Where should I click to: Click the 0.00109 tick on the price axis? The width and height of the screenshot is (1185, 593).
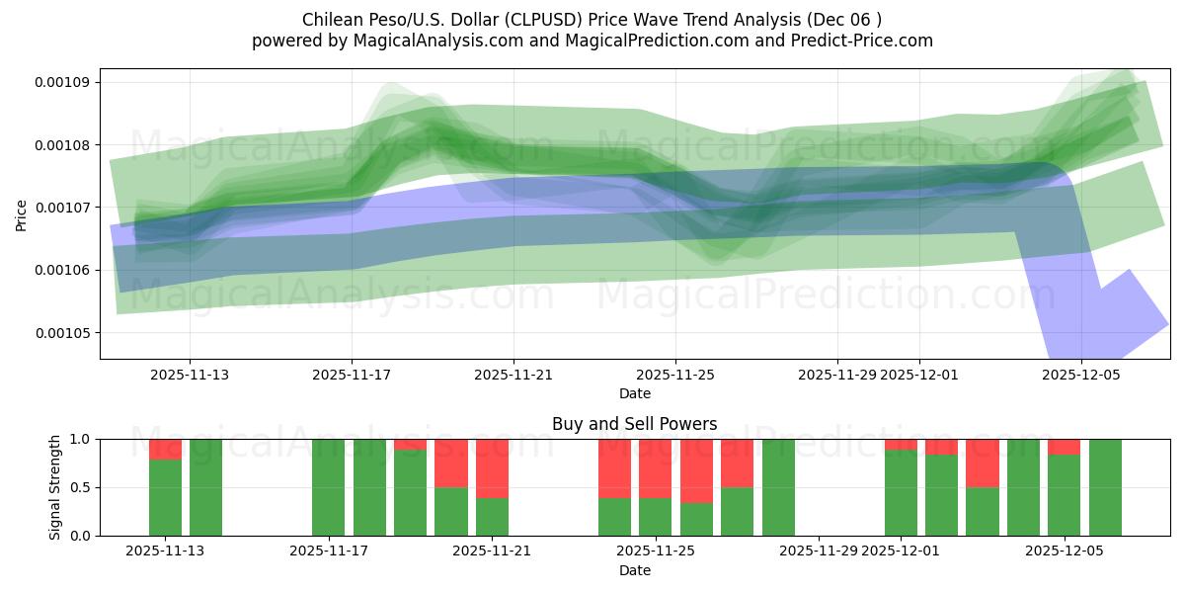tap(62, 82)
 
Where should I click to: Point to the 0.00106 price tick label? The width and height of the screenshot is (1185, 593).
tap(62, 270)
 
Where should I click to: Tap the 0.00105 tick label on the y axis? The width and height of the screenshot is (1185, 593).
tap(62, 333)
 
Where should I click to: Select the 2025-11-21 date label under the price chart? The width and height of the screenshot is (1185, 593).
tap(513, 376)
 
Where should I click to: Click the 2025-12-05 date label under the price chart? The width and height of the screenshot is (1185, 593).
tap(1081, 376)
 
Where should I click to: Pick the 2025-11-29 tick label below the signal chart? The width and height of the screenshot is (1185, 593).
tap(819, 551)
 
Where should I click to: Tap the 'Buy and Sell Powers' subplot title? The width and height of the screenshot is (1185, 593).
tap(634, 424)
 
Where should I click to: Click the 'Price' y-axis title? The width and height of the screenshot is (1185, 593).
tap(22, 213)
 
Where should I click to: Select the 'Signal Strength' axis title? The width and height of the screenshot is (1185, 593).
tap(55, 487)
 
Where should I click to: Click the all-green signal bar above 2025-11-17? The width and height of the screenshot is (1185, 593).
tap(329, 487)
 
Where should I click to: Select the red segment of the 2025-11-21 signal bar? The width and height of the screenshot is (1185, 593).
tap(493, 468)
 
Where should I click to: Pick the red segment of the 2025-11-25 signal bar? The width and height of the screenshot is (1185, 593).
tap(656, 468)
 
